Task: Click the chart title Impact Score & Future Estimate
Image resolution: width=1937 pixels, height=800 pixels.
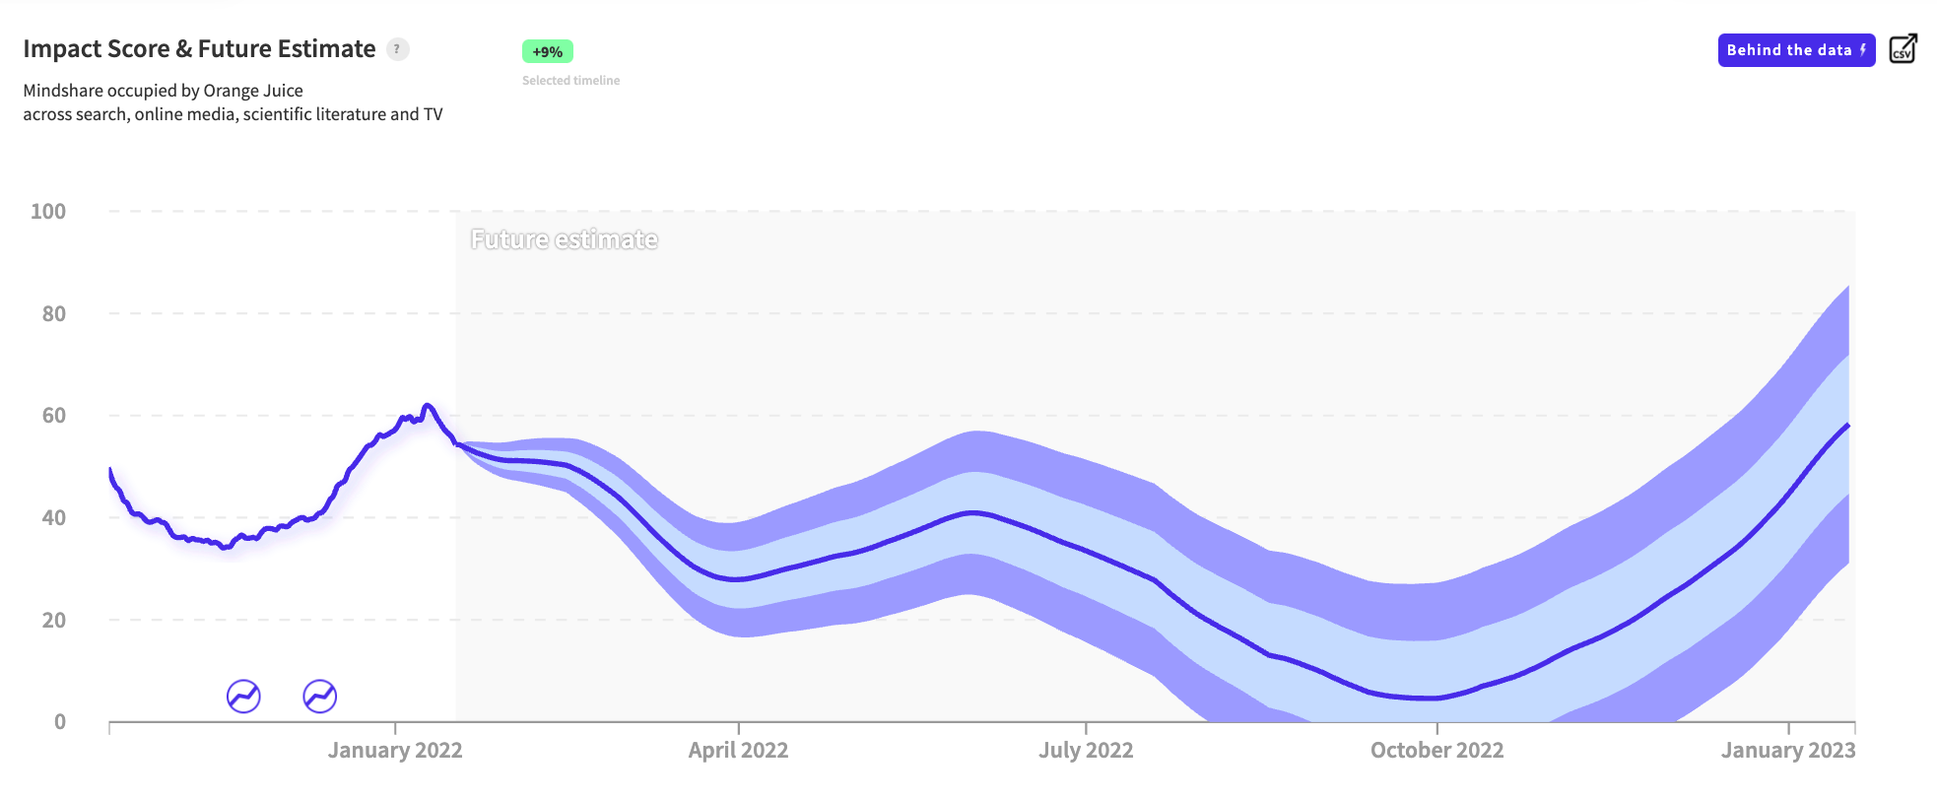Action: (x=199, y=49)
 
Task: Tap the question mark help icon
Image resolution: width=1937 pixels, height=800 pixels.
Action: (x=398, y=49)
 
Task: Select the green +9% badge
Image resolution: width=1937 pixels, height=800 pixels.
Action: (x=547, y=51)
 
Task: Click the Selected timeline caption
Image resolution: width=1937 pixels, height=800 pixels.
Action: (x=570, y=81)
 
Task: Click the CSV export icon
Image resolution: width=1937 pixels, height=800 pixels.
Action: (x=1903, y=49)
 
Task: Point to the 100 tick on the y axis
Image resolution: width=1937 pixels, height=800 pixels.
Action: (x=48, y=212)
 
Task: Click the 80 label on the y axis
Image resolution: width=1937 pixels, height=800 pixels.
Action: (x=54, y=314)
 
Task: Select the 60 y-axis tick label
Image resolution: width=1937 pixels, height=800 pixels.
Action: (x=54, y=416)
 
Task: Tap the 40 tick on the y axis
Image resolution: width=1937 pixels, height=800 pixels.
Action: (x=54, y=518)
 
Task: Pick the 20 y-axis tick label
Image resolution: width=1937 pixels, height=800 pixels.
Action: (x=54, y=621)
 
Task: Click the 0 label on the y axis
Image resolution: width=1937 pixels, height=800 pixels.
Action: (x=60, y=722)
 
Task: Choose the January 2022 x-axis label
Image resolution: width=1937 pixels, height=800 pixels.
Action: (x=395, y=751)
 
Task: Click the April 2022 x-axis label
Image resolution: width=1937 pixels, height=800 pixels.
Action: (x=738, y=751)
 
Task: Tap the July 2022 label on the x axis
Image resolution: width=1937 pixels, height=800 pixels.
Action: (x=1086, y=751)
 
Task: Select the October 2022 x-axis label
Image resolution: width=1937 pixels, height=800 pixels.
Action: (x=1436, y=751)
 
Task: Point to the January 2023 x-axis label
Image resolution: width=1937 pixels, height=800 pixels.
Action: (x=1787, y=751)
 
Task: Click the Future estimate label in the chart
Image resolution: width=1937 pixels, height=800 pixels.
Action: (x=564, y=239)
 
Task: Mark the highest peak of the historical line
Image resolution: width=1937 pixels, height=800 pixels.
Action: (x=427, y=405)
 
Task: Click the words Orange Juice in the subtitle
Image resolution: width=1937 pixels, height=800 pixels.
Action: (x=253, y=91)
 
